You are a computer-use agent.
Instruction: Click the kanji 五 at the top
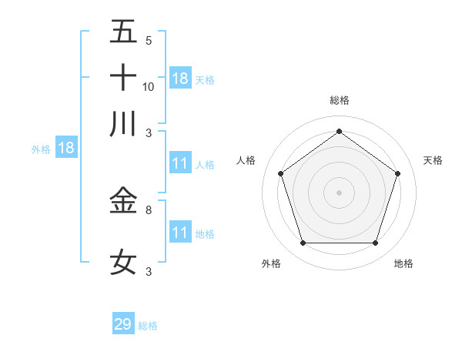(123, 32)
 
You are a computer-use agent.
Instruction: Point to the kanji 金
(123, 200)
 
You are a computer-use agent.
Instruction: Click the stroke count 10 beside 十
(149, 86)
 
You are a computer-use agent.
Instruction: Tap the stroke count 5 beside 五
(148, 41)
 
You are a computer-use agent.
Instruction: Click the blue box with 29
(123, 324)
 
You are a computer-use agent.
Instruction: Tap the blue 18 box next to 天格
(180, 78)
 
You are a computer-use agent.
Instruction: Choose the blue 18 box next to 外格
(66, 149)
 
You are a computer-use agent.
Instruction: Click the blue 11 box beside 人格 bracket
(180, 163)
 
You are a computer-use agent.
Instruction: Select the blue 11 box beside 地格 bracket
(180, 233)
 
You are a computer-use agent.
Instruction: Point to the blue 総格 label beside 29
(148, 326)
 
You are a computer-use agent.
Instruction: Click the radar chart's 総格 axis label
(340, 100)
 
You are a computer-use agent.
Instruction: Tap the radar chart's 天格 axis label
(434, 160)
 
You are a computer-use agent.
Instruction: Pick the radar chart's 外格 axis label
(271, 263)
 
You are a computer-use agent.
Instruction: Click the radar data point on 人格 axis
(280, 173)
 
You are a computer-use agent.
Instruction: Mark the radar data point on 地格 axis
(375, 243)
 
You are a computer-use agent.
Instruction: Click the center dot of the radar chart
(339, 192)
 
